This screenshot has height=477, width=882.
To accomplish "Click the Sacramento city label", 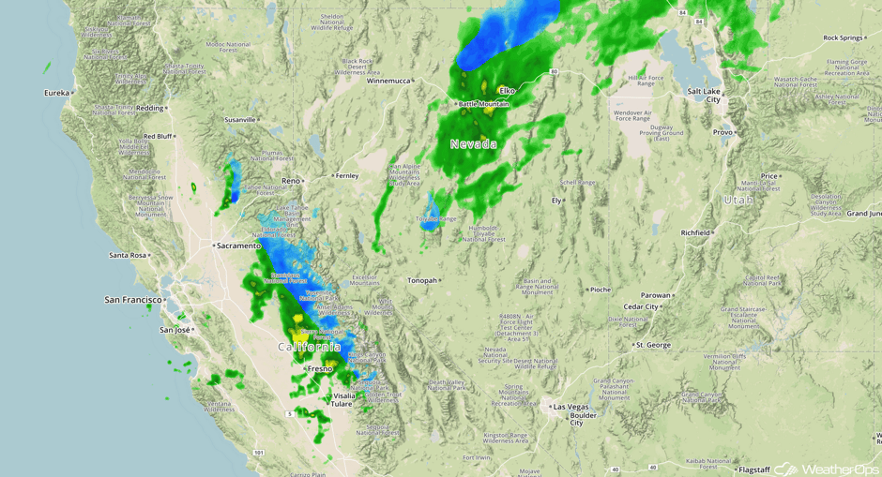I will click(x=239, y=246).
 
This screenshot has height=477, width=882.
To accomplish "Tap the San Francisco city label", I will click(x=134, y=300).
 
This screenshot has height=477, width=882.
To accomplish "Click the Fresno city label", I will click(x=321, y=369).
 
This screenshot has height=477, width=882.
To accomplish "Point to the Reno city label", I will click(x=291, y=181).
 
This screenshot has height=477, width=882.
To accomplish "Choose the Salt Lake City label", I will click(x=705, y=95).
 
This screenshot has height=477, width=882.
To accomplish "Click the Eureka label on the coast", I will click(x=56, y=93).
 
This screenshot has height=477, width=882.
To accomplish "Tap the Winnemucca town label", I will click(x=388, y=81).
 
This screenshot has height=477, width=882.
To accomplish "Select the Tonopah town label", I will click(x=422, y=280).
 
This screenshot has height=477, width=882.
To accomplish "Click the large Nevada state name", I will click(x=474, y=144).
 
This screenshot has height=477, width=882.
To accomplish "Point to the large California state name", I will click(x=309, y=347).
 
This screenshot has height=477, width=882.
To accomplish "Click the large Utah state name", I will click(x=738, y=200).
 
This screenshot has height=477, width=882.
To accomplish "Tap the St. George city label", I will click(x=653, y=345).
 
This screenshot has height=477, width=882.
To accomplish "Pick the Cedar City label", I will click(x=641, y=306).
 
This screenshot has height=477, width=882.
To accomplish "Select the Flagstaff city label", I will click(x=753, y=469).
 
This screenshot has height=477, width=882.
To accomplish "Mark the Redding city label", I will click(x=150, y=109).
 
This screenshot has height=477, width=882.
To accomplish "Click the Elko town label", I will click(x=508, y=90).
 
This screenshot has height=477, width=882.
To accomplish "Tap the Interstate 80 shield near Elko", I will click(x=555, y=71).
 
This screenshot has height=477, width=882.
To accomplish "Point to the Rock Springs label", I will click(x=842, y=38).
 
